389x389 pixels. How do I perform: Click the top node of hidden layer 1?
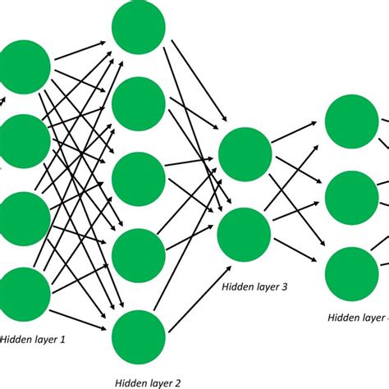[25, 66]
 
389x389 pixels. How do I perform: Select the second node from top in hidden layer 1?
[24, 140]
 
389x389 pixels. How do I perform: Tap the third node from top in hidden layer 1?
[24, 218]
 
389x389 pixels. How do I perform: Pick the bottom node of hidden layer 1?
[24, 294]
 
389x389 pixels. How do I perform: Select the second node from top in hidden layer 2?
[138, 103]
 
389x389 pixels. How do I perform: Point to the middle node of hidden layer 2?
[138, 179]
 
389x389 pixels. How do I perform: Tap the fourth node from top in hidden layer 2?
[138, 255]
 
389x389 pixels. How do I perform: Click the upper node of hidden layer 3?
[245, 153]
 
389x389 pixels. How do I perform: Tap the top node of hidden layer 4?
[352, 121]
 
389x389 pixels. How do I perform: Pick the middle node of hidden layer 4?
[352, 197]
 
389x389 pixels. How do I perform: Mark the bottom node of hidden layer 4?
[352, 272]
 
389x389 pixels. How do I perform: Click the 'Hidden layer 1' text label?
[33, 338]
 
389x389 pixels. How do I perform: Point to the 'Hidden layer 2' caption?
[147, 382]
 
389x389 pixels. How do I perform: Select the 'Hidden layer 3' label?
[254, 286]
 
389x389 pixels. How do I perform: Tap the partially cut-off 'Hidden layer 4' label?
[358, 318]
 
